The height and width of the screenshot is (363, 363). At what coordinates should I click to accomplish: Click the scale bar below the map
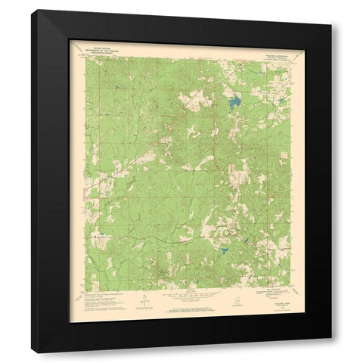tap(181, 301)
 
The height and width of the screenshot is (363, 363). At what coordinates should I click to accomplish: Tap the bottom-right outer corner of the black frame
tap(331, 352)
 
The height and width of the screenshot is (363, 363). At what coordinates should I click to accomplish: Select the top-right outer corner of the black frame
tap(331, 9)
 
